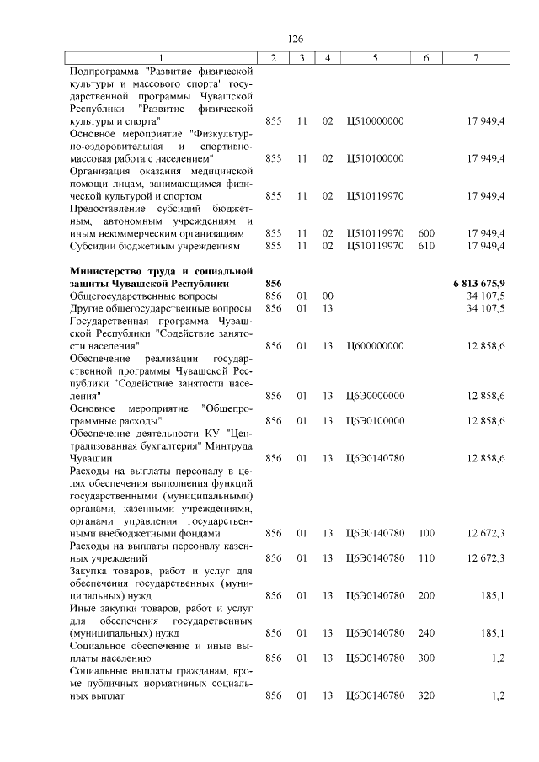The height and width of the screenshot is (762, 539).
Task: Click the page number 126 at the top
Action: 295,39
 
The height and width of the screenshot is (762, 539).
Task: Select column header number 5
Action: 375,57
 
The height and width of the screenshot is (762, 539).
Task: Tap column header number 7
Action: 476,57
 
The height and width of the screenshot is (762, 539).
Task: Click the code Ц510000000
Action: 375,121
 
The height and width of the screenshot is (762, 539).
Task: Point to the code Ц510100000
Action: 375,158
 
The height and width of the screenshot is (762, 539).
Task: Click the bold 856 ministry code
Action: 273,284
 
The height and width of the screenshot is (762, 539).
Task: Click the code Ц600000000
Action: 375,346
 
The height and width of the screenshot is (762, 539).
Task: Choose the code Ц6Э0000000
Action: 375,396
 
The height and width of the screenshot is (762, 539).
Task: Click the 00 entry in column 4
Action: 328,296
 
